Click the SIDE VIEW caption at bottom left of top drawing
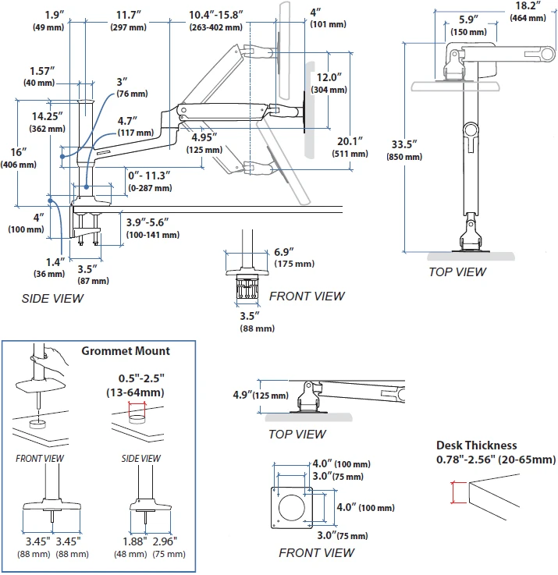[x=52, y=299]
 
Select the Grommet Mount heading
[x=126, y=351]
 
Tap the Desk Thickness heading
[x=477, y=445]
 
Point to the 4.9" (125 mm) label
[x=261, y=395]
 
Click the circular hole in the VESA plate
[x=292, y=508]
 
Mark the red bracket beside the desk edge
[x=458, y=492]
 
